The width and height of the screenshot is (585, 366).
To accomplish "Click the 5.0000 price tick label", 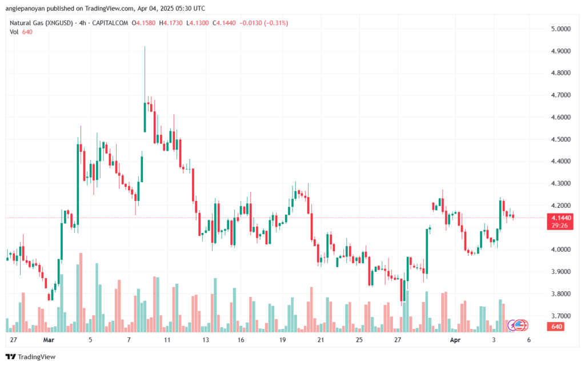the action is (561, 29).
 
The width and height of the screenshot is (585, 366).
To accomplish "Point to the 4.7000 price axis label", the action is (561, 95).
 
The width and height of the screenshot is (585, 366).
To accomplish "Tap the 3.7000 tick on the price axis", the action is (561, 316).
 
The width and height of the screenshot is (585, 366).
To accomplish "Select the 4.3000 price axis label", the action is (561, 183).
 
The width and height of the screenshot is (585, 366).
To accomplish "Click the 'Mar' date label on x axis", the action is (49, 340).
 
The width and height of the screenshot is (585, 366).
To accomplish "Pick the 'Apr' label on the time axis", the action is (455, 340).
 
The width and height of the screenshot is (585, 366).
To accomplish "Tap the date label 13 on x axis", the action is (206, 340).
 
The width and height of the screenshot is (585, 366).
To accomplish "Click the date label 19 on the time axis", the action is (282, 340).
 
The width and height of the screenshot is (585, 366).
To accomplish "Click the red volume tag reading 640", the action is (556, 327).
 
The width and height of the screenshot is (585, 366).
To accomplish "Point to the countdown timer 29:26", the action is (560, 226).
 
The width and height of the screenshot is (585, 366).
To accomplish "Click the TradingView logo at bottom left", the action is (31, 357).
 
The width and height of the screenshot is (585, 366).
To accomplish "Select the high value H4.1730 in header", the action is (171, 23).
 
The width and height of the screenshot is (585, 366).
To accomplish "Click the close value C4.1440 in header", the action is (224, 23).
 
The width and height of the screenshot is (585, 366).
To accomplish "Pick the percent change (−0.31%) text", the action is (276, 23).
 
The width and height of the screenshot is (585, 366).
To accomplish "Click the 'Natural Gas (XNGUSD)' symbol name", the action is (41, 23).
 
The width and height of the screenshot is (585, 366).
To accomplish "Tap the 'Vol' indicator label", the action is (14, 32).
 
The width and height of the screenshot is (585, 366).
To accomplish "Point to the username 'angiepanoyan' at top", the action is (23, 8).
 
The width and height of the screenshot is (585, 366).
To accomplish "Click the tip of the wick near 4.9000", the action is (145, 47).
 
